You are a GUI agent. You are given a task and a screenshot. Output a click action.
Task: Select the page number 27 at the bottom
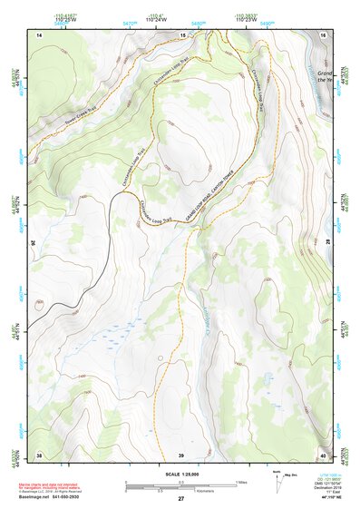[x=180, y=498]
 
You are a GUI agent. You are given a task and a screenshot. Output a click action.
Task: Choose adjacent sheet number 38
[x=39, y=454]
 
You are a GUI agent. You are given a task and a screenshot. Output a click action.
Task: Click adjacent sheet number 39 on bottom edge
[x=180, y=454]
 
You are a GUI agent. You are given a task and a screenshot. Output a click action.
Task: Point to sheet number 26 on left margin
[x=35, y=244]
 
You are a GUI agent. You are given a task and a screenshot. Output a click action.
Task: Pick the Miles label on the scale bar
[x=242, y=482]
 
